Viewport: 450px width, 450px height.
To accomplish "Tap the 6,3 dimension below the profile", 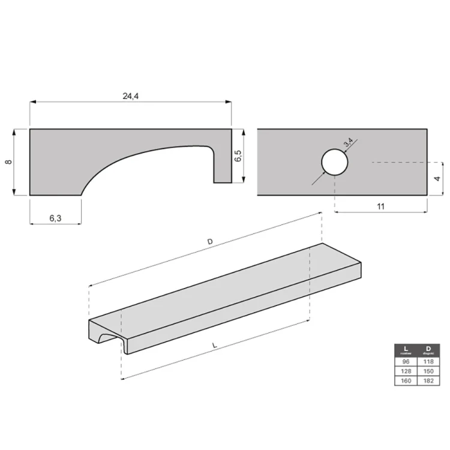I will [x=55, y=218].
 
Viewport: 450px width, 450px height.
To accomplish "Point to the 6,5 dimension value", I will [x=238, y=157].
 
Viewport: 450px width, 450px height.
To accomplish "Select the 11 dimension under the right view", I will [x=380, y=206].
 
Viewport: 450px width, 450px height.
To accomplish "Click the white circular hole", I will [x=334, y=162].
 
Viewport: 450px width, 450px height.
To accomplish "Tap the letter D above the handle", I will [x=209, y=241].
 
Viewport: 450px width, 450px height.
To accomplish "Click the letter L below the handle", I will [x=214, y=346].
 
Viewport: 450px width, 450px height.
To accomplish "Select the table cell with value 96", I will [x=406, y=362].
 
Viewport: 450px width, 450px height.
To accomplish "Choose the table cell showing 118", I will [x=428, y=362].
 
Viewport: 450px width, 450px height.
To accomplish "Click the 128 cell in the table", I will [x=406, y=371].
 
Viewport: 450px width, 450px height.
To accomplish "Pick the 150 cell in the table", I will [x=428, y=371].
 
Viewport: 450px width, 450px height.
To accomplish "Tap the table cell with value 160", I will [x=406, y=381].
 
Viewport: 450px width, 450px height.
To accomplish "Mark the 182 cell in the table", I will [x=428, y=381].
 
